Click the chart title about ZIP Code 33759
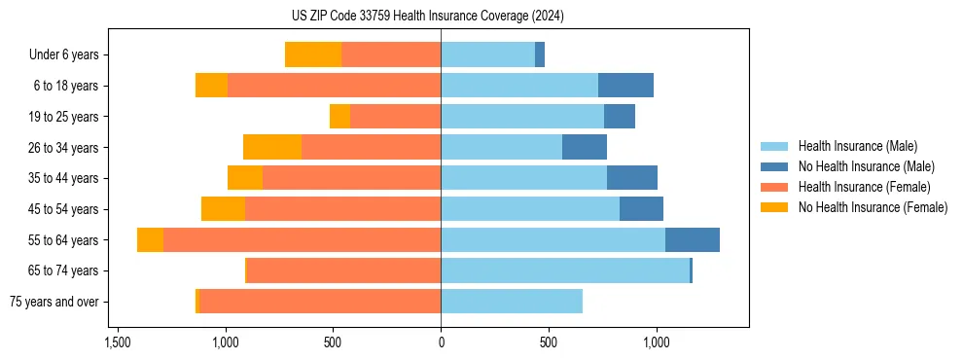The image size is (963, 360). point(441,16)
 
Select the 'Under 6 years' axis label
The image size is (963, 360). point(69,54)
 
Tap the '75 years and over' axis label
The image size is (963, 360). point(54,302)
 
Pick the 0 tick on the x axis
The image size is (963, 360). point(441,342)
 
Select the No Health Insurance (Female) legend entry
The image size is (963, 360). point(872,207)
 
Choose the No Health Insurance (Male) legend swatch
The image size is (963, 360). point(774,166)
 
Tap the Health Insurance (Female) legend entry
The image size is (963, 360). point(864,187)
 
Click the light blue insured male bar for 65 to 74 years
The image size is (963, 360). point(564,270)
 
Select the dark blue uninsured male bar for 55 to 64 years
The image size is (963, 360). point(693,239)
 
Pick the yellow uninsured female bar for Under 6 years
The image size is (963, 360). point(313,54)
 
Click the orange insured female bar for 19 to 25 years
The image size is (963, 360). point(395,116)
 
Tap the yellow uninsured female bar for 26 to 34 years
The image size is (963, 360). point(272,147)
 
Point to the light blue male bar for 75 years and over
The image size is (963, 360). point(512,302)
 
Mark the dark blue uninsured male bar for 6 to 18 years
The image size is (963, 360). point(625,86)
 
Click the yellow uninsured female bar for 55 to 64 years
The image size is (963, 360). point(150,239)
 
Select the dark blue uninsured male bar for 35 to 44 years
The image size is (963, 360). point(632,178)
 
